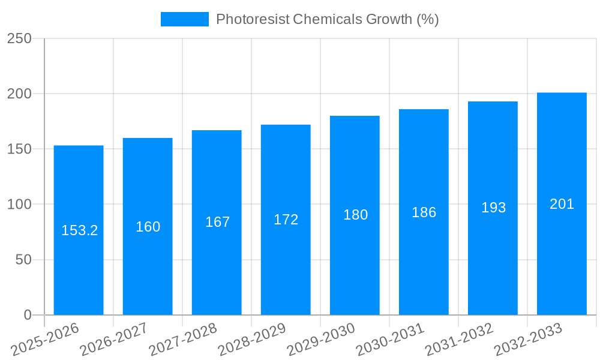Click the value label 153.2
pyautogui.click(x=79, y=230)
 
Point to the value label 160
pyautogui.click(x=148, y=227)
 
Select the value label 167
pyautogui.click(x=217, y=222)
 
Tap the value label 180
pyautogui.click(x=355, y=215)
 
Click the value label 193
pyautogui.click(x=493, y=208)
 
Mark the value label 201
pyautogui.click(x=562, y=204)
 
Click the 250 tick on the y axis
pyautogui.click(x=19, y=38)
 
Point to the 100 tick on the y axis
pyautogui.click(x=19, y=205)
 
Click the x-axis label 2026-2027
pyautogui.click(x=114, y=340)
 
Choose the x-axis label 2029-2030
pyautogui.click(x=321, y=340)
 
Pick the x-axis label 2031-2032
pyautogui.click(x=459, y=340)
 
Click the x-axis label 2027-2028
pyautogui.click(x=183, y=340)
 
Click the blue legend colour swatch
pyautogui.click(x=184, y=19)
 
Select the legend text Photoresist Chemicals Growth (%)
pyautogui.click(x=327, y=19)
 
